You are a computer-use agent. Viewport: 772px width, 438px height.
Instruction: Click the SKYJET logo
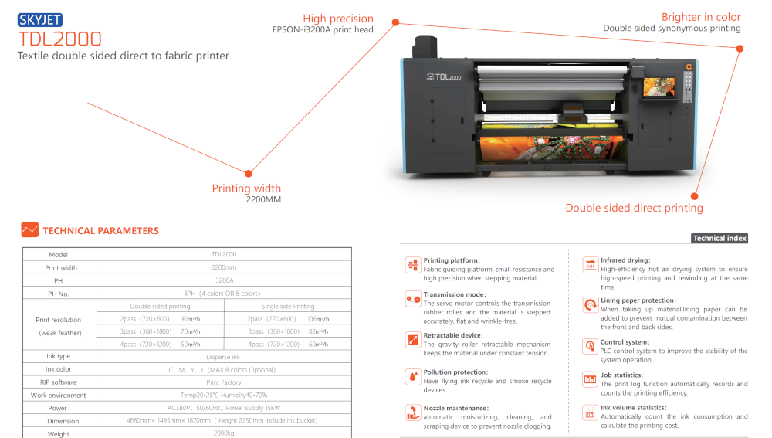(x=40, y=20)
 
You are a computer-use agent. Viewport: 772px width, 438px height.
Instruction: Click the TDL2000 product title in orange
(x=59, y=39)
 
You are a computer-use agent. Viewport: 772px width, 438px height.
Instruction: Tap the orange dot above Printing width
(x=249, y=174)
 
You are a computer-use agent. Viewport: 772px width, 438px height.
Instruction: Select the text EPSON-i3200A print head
(x=323, y=29)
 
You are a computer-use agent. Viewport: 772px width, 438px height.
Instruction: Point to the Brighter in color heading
(x=701, y=17)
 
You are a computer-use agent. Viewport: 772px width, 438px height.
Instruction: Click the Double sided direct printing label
(x=634, y=208)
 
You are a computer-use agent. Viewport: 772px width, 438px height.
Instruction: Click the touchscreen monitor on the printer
(x=659, y=87)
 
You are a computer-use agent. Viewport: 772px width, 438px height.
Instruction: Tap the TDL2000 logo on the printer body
(x=444, y=76)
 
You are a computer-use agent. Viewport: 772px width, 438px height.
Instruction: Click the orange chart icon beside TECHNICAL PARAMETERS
(x=30, y=229)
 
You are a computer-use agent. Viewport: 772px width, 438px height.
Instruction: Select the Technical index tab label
(x=720, y=239)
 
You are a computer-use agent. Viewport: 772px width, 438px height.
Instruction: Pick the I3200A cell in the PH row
(x=224, y=280)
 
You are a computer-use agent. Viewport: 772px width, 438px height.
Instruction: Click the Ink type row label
(x=58, y=356)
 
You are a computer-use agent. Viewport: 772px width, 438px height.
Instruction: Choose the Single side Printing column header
(x=288, y=306)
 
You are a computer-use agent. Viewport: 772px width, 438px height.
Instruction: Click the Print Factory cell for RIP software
(x=224, y=382)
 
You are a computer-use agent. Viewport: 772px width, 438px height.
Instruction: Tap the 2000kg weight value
(x=224, y=433)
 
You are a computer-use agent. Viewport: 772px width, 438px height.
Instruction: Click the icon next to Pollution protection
(x=412, y=376)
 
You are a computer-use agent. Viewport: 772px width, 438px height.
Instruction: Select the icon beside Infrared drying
(x=590, y=264)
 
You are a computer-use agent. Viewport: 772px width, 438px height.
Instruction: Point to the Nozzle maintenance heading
(x=456, y=408)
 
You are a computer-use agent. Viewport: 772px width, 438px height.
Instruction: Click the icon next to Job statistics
(x=590, y=379)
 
